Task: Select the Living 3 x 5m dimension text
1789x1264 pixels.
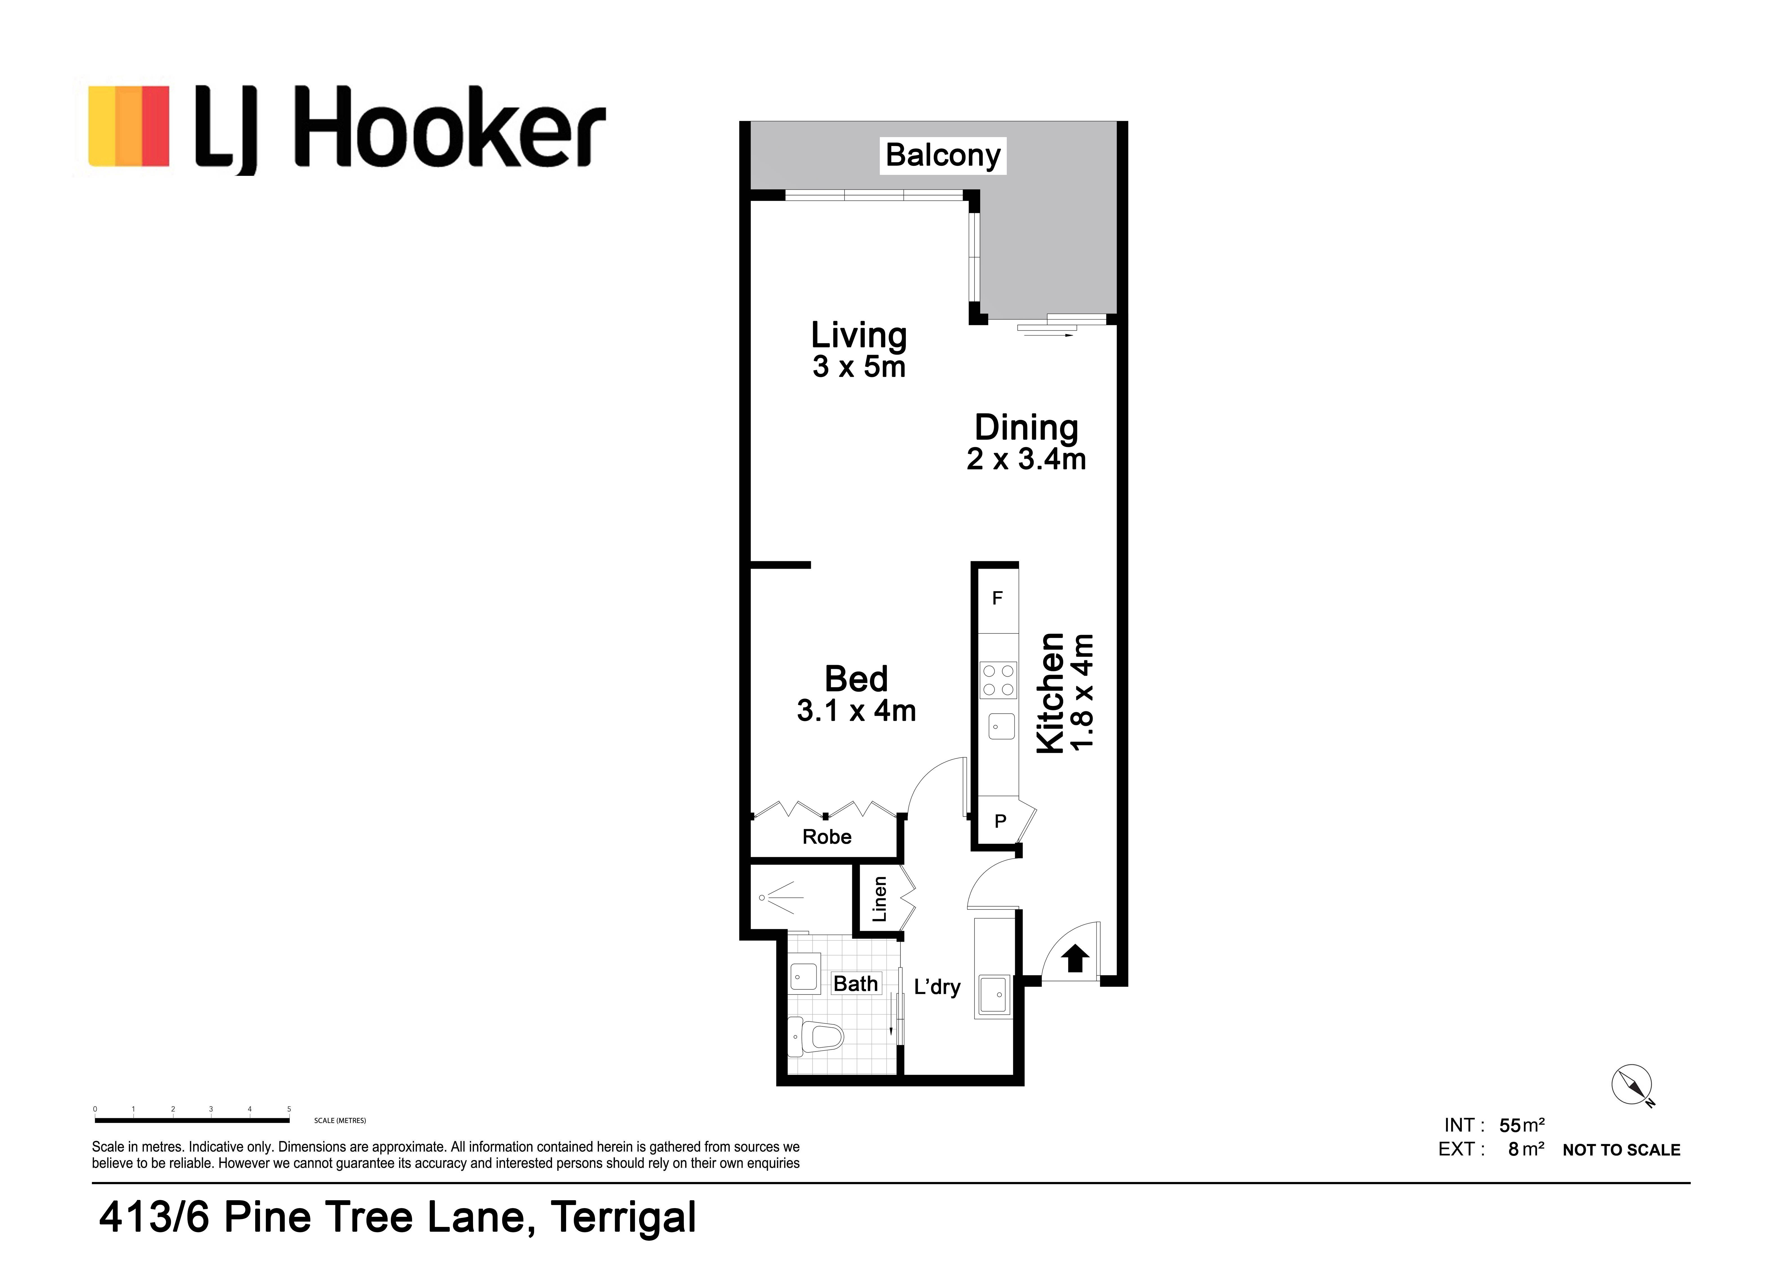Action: point(859,367)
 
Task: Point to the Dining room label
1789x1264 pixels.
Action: point(1026,428)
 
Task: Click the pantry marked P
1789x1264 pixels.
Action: point(1001,821)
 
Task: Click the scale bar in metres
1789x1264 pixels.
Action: point(192,1120)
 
